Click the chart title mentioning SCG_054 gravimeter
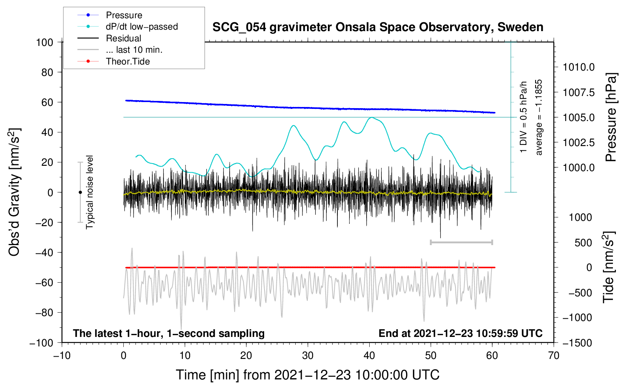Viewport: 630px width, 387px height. tap(378, 27)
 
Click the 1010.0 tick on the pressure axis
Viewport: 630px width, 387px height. tap(578, 67)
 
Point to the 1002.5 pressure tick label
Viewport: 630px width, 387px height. tap(578, 143)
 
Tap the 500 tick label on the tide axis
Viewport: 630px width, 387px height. tap(583, 243)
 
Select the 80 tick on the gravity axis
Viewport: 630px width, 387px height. tap(47, 72)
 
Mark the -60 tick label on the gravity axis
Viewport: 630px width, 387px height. tap(44, 283)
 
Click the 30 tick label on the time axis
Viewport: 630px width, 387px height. tap(308, 356)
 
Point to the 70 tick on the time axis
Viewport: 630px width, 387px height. tap(553, 356)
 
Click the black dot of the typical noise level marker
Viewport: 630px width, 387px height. tap(80, 192)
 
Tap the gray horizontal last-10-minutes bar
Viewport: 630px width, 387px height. tap(461, 242)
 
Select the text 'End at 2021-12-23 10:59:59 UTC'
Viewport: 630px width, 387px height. tap(460, 333)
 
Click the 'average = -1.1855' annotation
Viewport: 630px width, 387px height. tap(538, 117)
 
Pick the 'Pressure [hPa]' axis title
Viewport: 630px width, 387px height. tap(611, 117)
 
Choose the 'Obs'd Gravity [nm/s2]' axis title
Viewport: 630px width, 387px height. tap(14, 192)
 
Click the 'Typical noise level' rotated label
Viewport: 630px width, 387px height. tap(90, 192)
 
